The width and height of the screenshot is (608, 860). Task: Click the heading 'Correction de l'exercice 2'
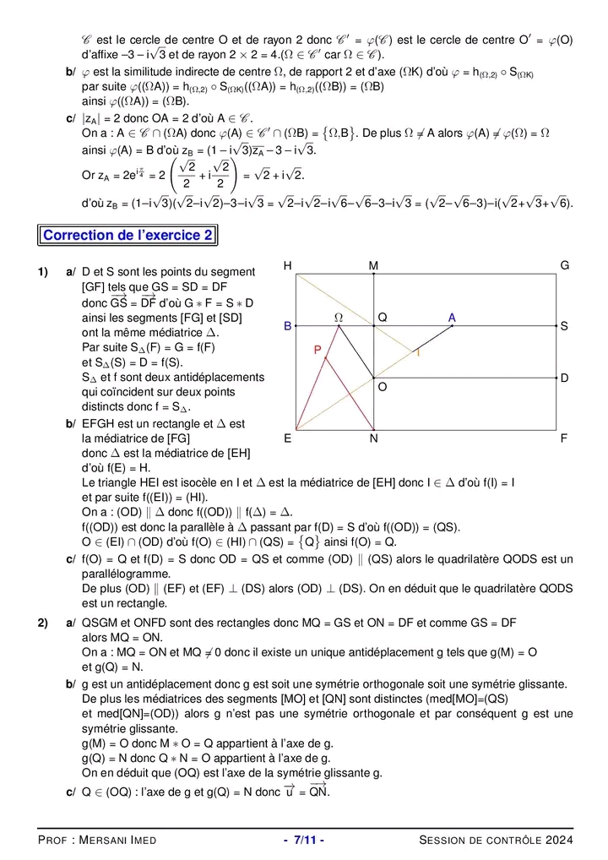point(128,235)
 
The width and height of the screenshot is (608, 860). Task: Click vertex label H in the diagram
point(288,266)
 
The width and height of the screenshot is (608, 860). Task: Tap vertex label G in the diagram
point(565,266)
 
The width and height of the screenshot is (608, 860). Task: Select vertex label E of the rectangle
point(288,439)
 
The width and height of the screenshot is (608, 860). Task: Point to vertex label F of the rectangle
point(564,439)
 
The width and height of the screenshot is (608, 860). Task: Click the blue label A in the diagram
point(453,318)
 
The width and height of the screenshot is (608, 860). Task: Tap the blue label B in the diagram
point(288,325)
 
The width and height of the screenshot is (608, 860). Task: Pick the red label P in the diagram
point(318,350)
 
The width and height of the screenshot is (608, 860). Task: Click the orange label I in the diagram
point(417,353)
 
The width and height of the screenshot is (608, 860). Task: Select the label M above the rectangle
point(374,266)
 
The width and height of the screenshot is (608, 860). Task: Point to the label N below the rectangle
point(374,439)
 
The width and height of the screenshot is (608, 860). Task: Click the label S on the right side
point(564,325)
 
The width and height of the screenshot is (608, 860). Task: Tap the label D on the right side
point(564,378)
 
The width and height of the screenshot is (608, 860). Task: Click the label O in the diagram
point(383,387)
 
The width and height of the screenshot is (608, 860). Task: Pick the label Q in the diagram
point(383,318)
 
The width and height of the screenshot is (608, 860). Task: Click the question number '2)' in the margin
point(42,623)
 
